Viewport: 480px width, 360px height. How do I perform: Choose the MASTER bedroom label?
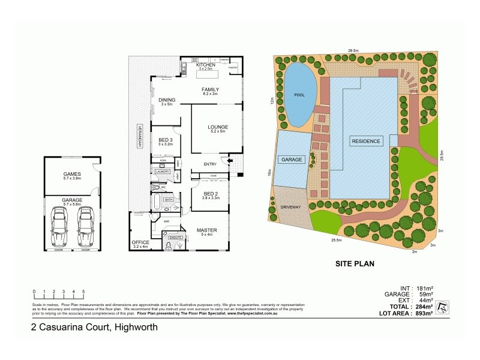click(206, 230)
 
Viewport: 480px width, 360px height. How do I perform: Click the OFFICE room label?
click(140, 242)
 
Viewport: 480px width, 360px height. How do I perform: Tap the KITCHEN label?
click(205, 64)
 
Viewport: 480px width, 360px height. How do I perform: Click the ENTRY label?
click(209, 164)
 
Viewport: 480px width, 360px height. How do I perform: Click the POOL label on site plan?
click(299, 95)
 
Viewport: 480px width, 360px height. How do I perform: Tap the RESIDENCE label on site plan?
click(365, 141)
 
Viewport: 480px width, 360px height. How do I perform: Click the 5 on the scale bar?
click(83, 291)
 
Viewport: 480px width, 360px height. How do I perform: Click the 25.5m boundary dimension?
click(335, 240)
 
